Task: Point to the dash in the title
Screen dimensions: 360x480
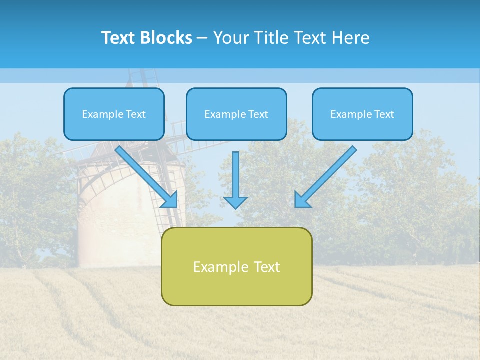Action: click(x=202, y=38)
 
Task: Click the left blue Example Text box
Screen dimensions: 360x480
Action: click(x=114, y=114)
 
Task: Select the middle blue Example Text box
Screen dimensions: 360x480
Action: click(x=236, y=114)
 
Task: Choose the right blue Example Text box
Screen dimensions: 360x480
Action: click(x=362, y=114)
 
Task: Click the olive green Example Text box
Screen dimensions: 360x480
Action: click(x=236, y=266)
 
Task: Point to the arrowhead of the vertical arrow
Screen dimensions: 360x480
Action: click(x=236, y=202)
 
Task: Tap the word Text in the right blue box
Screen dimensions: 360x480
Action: click(x=384, y=114)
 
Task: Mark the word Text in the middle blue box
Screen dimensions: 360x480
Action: click(x=258, y=114)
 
